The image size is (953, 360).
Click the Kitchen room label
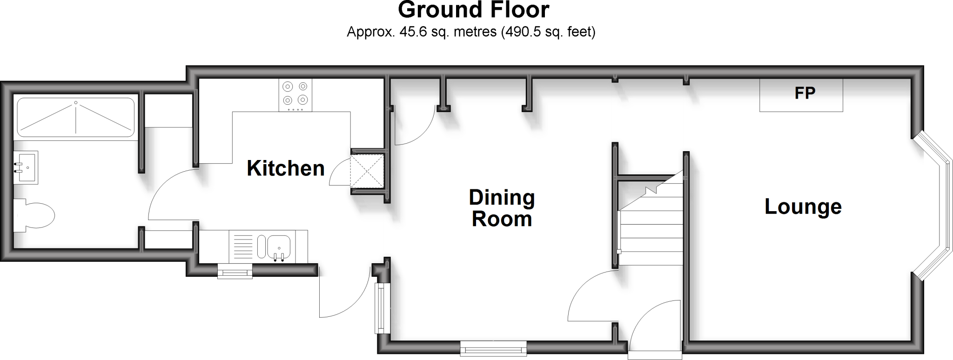click(x=285, y=168)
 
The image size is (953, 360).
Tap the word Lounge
click(x=803, y=207)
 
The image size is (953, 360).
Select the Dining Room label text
click(x=502, y=208)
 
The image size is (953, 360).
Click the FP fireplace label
click(x=805, y=93)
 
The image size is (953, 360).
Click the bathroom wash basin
click(x=26, y=167)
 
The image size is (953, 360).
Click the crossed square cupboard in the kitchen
click(x=367, y=171)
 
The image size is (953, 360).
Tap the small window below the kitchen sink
click(x=235, y=272)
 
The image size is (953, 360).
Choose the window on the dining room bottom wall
click(x=493, y=348)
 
